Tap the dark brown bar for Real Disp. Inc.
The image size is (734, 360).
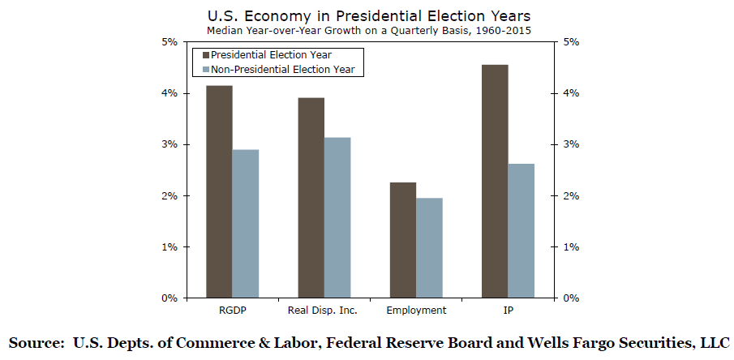tap(311, 198)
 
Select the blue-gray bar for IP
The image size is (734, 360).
tap(522, 231)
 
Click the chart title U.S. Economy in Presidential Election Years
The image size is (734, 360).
tap(367, 15)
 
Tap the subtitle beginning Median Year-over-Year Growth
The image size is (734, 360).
tap(367, 31)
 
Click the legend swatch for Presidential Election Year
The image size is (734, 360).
tap(202, 55)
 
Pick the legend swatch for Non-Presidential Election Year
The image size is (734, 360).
tap(202, 70)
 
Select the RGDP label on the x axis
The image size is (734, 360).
tap(232, 311)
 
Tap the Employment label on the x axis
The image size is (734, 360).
tap(416, 311)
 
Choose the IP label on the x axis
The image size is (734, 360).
tap(508, 311)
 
